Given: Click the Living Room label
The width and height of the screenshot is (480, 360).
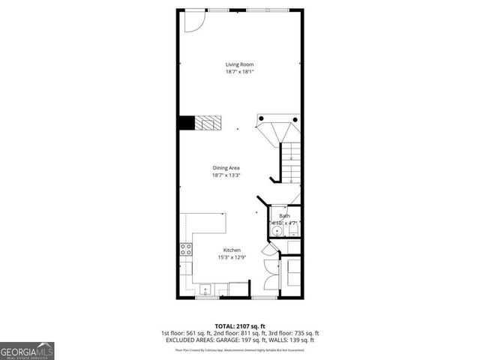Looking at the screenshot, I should point(239,64).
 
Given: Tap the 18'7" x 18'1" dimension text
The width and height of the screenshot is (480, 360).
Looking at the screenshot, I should point(239,72).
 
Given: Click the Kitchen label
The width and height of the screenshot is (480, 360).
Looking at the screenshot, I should point(231,250).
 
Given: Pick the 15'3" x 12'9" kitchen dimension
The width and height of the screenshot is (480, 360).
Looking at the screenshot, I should point(231,257).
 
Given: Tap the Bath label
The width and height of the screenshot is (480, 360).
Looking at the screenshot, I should point(284,216).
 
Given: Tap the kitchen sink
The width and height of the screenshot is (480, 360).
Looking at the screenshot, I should point(205,288).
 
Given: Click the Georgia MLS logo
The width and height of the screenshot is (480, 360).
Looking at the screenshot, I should point(27,350).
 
